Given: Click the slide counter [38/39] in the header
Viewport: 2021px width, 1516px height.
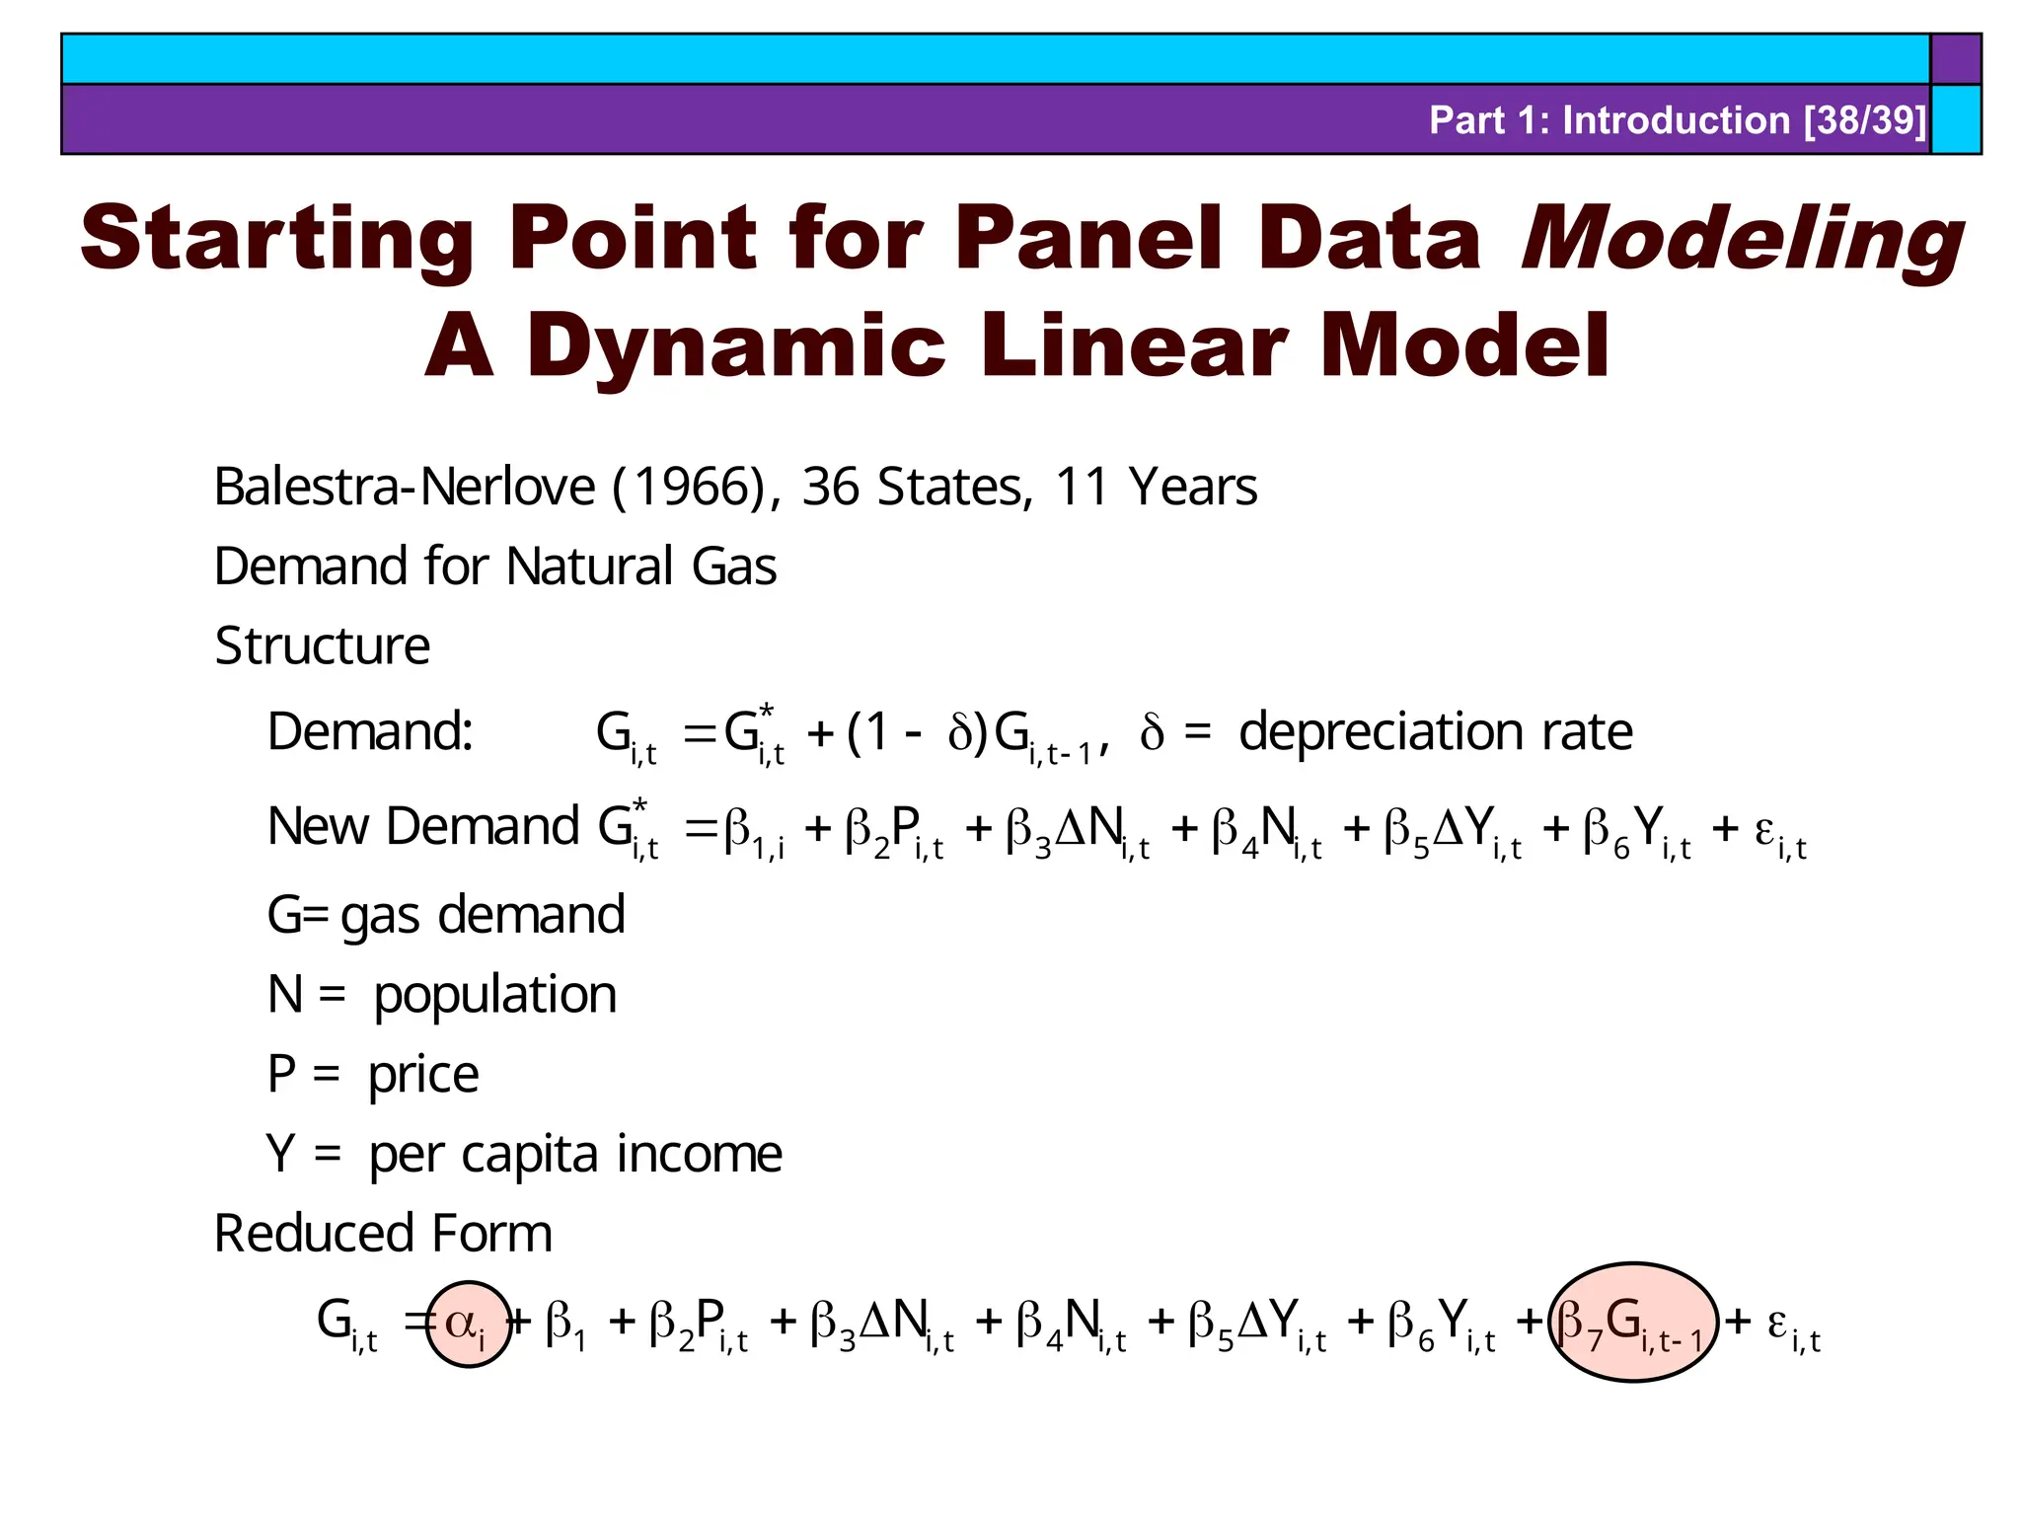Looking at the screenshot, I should pyautogui.click(x=1864, y=120).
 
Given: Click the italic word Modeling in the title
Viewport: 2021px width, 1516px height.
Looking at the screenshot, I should pyautogui.click(x=1742, y=239).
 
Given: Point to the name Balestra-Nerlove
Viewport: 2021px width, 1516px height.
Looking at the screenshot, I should pyautogui.click(x=405, y=487).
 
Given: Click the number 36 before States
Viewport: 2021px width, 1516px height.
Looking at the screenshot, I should pyautogui.click(x=829, y=487).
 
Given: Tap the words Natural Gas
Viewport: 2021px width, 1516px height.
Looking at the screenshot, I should pyautogui.click(x=640, y=567).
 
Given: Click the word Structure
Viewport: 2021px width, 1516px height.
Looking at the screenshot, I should pyautogui.click(x=322, y=646).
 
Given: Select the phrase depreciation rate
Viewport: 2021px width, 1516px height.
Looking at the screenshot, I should pyautogui.click(x=1435, y=732).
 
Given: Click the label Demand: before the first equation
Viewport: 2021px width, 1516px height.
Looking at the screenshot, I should pyautogui.click(x=370, y=732).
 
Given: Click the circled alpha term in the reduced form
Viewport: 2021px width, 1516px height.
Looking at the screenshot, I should pyautogui.click(x=468, y=1324).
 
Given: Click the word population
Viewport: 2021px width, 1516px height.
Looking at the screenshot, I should pyautogui.click(x=494, y=995).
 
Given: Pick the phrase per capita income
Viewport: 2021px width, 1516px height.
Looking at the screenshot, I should pyautogui.click(x=575, y=1155).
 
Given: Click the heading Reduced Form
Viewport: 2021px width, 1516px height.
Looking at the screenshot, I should pyautogui.click(x=383, y=1234).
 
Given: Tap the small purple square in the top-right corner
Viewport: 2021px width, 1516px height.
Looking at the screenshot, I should pyautogui.click(x=1955, y=58).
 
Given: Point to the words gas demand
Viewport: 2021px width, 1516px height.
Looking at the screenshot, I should pyautogui.click(x=483, y=915).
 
